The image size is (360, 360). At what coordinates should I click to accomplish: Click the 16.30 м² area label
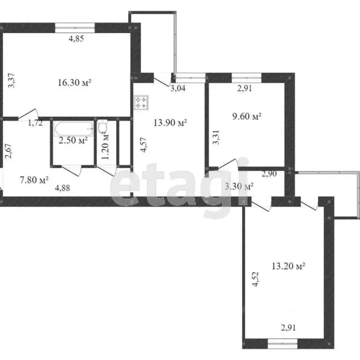(x=75, y=82)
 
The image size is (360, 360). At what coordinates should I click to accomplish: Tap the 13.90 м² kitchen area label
(x=170, y=123)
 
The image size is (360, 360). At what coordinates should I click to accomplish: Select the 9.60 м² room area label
(x=247, y=116)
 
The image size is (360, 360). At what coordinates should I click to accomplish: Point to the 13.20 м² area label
(x=288, y=266)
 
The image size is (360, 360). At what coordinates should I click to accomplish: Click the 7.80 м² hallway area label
(x=34, y=180)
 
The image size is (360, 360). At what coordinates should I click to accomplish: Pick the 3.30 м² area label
(x=239, y=186)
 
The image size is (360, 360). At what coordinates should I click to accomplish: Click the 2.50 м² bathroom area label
(x=73, y=140)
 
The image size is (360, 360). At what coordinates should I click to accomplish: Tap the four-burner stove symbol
(x=141, y=102)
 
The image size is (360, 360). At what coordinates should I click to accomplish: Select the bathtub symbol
(x=74, y=129)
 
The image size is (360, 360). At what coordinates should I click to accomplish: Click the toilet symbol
(x=102, y=127)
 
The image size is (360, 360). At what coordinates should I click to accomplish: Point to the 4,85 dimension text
(x=76, y=38)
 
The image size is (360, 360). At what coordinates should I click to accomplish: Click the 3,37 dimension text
(x=11, y=80)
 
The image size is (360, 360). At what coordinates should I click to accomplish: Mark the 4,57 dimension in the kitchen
(x=144, y=145)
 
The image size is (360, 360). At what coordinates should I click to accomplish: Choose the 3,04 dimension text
(x=178, y=88)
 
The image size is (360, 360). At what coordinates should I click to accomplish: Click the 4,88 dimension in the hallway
(x=62, y=188)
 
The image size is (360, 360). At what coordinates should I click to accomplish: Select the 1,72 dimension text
(x=35, y=123)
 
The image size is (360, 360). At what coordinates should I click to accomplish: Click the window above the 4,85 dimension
(x=75, y=28)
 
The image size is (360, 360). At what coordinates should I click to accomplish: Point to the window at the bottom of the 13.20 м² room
(x=283, y=344)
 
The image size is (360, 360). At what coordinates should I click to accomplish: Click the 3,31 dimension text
(x=216, y=137)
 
